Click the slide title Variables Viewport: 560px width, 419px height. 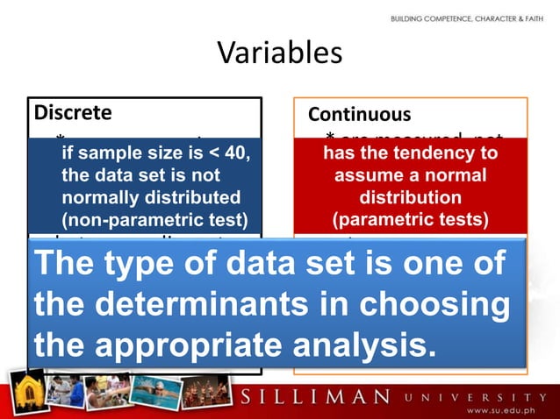pyautogui.click(x=279, y=53)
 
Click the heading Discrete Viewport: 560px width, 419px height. pyautogui.click(x=73, y=113)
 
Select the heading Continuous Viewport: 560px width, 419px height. pyautogui.click(x=359, y=115)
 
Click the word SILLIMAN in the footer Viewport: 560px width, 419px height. pyautogui.click(x=315, y=395)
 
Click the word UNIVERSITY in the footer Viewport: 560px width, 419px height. pyautogui.click(x=470, y=395)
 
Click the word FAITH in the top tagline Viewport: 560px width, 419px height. pyautogui.click(x=539, y=18)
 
